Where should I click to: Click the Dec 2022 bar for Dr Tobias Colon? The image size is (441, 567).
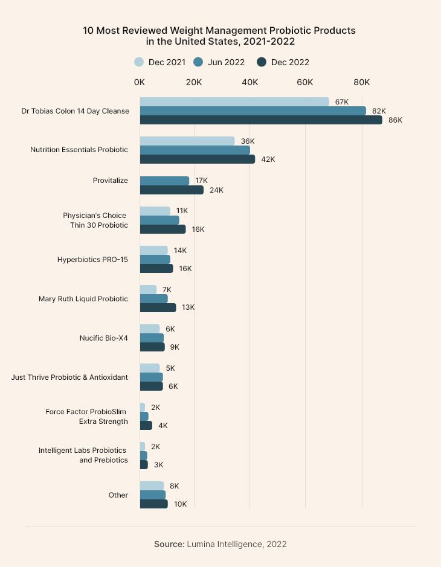click(x=261, y=120)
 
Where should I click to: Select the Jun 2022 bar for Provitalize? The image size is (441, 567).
click(x=164, y=181)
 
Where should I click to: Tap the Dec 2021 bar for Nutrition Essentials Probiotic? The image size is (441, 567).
click(x=187, y=141)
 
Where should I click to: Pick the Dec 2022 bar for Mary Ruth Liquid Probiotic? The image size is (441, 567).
click(x=158, y=307)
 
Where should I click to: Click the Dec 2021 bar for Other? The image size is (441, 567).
click(x=152, y=485)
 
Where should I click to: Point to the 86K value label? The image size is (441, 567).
click(x=395, y=120)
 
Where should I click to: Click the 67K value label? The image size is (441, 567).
click(x=342, y=102)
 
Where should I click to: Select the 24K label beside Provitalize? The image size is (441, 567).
click(x=216, y=190)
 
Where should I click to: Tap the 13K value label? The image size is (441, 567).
click(x=188, y=307)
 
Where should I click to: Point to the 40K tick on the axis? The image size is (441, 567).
click(x=250, y=82)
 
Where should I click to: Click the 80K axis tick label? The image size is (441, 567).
click(x=361, y=82)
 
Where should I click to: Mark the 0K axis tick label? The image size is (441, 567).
click(x=140, y=82)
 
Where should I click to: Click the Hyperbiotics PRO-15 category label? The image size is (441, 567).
click(x=92, y=260)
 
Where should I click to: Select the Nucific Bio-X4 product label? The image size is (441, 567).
click(x=103, y=338)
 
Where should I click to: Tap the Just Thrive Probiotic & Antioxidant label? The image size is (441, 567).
click(x=69, y=377)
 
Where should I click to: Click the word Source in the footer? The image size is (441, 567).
click(x=169, y=544)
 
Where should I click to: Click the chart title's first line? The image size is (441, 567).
click(x=219, y=30)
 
